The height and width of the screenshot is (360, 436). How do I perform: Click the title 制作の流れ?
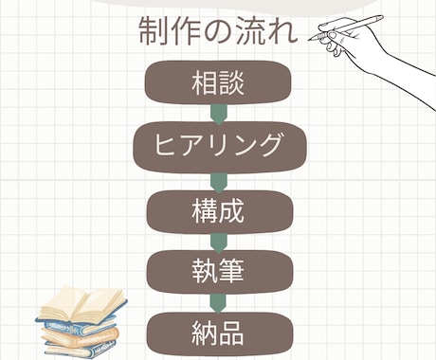[218, 33]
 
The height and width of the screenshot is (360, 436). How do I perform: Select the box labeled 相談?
[218, 83]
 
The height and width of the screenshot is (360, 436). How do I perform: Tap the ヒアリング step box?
[218, 146]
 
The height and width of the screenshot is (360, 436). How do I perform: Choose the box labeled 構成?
[218, 210]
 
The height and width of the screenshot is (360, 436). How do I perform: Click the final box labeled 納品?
[218, 333]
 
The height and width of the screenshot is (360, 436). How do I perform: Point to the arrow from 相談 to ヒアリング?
[218, 115]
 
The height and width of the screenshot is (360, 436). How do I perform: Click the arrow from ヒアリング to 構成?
[218, 179]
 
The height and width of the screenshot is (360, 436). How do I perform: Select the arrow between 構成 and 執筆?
[218, 243]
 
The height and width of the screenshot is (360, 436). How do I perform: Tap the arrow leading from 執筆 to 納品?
[218, 304]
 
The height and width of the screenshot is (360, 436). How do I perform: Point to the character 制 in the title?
[154, 33]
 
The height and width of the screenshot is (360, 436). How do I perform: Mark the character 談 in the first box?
[232, 83]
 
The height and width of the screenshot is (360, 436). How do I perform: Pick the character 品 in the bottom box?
[232, 333]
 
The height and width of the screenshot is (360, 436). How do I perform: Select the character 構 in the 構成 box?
[204, 210]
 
